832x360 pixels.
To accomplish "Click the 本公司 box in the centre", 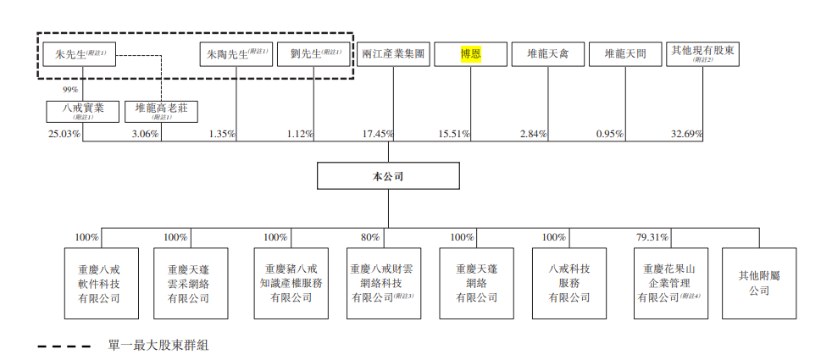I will [x=389, y=176].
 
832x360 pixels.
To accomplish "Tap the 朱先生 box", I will [x=80, y=54].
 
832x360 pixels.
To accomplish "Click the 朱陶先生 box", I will [x=236, y=54].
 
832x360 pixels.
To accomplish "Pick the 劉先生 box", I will [x=313, y=54].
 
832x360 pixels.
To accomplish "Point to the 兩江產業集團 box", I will [x=392, y=54].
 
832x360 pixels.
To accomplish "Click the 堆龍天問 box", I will [x=625, y=54].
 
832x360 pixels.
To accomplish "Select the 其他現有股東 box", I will [x=702, y=54].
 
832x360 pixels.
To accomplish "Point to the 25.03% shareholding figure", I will [x=64, y=134].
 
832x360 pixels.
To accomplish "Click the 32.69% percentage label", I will [x=685, y=134].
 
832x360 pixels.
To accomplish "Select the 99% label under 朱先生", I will [x=69, y=89].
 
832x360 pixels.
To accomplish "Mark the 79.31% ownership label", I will [x=652, y=237].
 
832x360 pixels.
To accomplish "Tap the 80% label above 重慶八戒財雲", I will [x=370, y=237].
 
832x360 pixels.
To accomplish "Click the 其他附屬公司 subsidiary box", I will [x=759, y=283].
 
